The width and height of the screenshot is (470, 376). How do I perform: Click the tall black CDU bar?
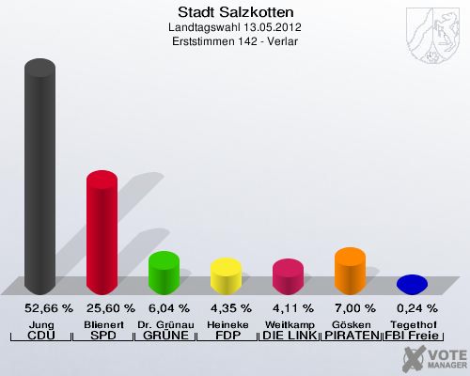coord(39,179)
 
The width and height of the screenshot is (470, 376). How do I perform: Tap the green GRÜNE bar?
coord(164,273)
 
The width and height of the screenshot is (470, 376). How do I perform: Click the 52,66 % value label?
coord(41,308)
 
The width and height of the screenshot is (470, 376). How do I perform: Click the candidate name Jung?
coord(41,322)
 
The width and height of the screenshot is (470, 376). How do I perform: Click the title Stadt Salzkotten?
coord(235,13)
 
